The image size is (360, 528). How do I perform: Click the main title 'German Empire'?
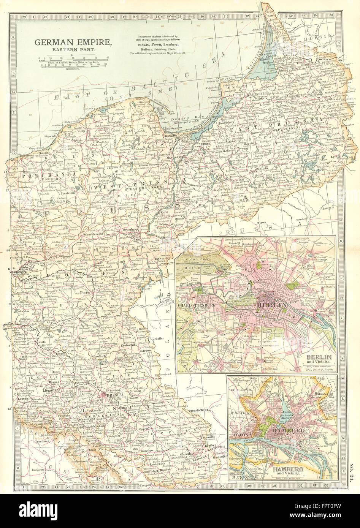(73, 43)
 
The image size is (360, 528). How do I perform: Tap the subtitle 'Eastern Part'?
(73, 50)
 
